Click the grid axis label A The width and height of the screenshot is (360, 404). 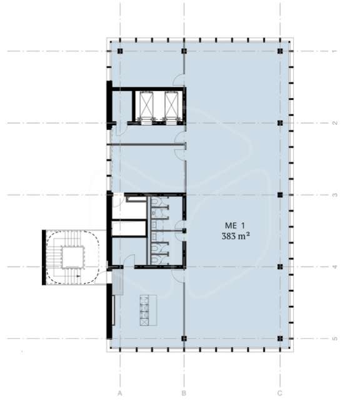tap(119, 393)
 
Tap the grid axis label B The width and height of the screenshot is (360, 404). tap(184, 393)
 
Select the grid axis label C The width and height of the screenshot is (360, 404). tap(280, 393)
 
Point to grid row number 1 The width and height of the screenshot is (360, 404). tap(335, 51)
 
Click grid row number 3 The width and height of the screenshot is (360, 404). tap(335, 195)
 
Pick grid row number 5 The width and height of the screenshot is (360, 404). tap(335, 338)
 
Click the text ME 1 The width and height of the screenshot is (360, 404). tap(234, 225)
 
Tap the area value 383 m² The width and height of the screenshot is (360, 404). tap(236, 236)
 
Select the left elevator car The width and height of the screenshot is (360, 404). tap(146, 105)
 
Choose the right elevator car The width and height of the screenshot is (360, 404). tap(171, 105)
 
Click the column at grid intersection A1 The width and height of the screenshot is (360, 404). tap(120, 51)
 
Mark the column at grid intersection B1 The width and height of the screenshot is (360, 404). tap(184, 51)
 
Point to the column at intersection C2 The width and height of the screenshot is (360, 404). tap(280, 123)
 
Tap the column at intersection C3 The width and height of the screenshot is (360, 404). tap(280, 195)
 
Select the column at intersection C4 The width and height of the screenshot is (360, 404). tap(280, 267)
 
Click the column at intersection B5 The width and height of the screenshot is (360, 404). tap(184, 338)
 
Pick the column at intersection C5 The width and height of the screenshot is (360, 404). tap(280, 338)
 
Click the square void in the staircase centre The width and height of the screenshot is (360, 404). tap(73, 257)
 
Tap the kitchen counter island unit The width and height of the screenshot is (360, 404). tap(148, 310)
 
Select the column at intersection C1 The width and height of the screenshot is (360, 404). tap(280, 51)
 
